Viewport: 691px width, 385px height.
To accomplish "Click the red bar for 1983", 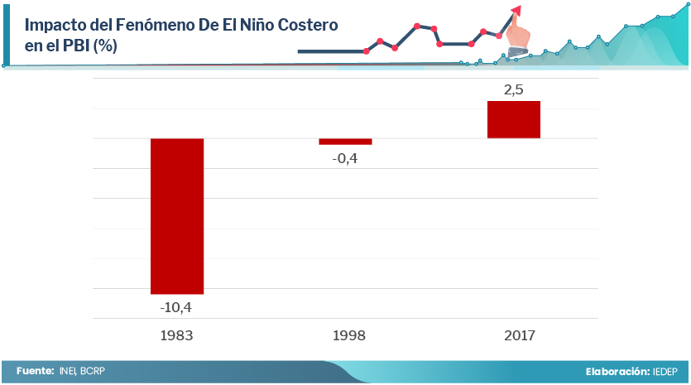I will point(177,215).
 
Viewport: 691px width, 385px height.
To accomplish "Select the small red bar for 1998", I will point(345,142).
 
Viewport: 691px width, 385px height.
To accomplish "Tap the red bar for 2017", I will point(514,119).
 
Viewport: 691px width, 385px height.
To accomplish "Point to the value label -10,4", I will point(176,308).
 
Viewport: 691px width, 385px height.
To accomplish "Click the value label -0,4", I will point(344,158).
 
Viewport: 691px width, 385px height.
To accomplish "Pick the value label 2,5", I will point(514,89).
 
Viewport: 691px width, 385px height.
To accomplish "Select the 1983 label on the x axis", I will point(177,335).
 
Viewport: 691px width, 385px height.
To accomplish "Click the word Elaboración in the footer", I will point(617,372).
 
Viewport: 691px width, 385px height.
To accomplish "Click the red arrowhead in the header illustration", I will point(516,11).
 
